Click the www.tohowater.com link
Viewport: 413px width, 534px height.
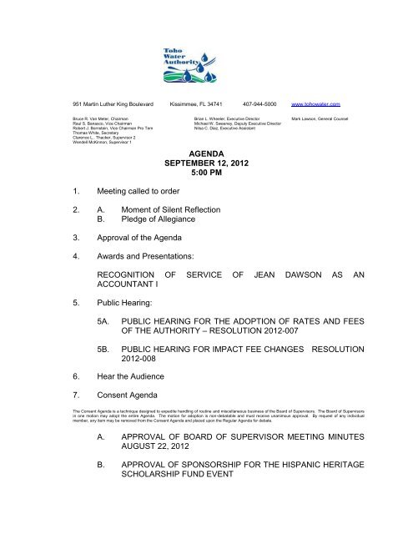[x=338, y=105]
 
